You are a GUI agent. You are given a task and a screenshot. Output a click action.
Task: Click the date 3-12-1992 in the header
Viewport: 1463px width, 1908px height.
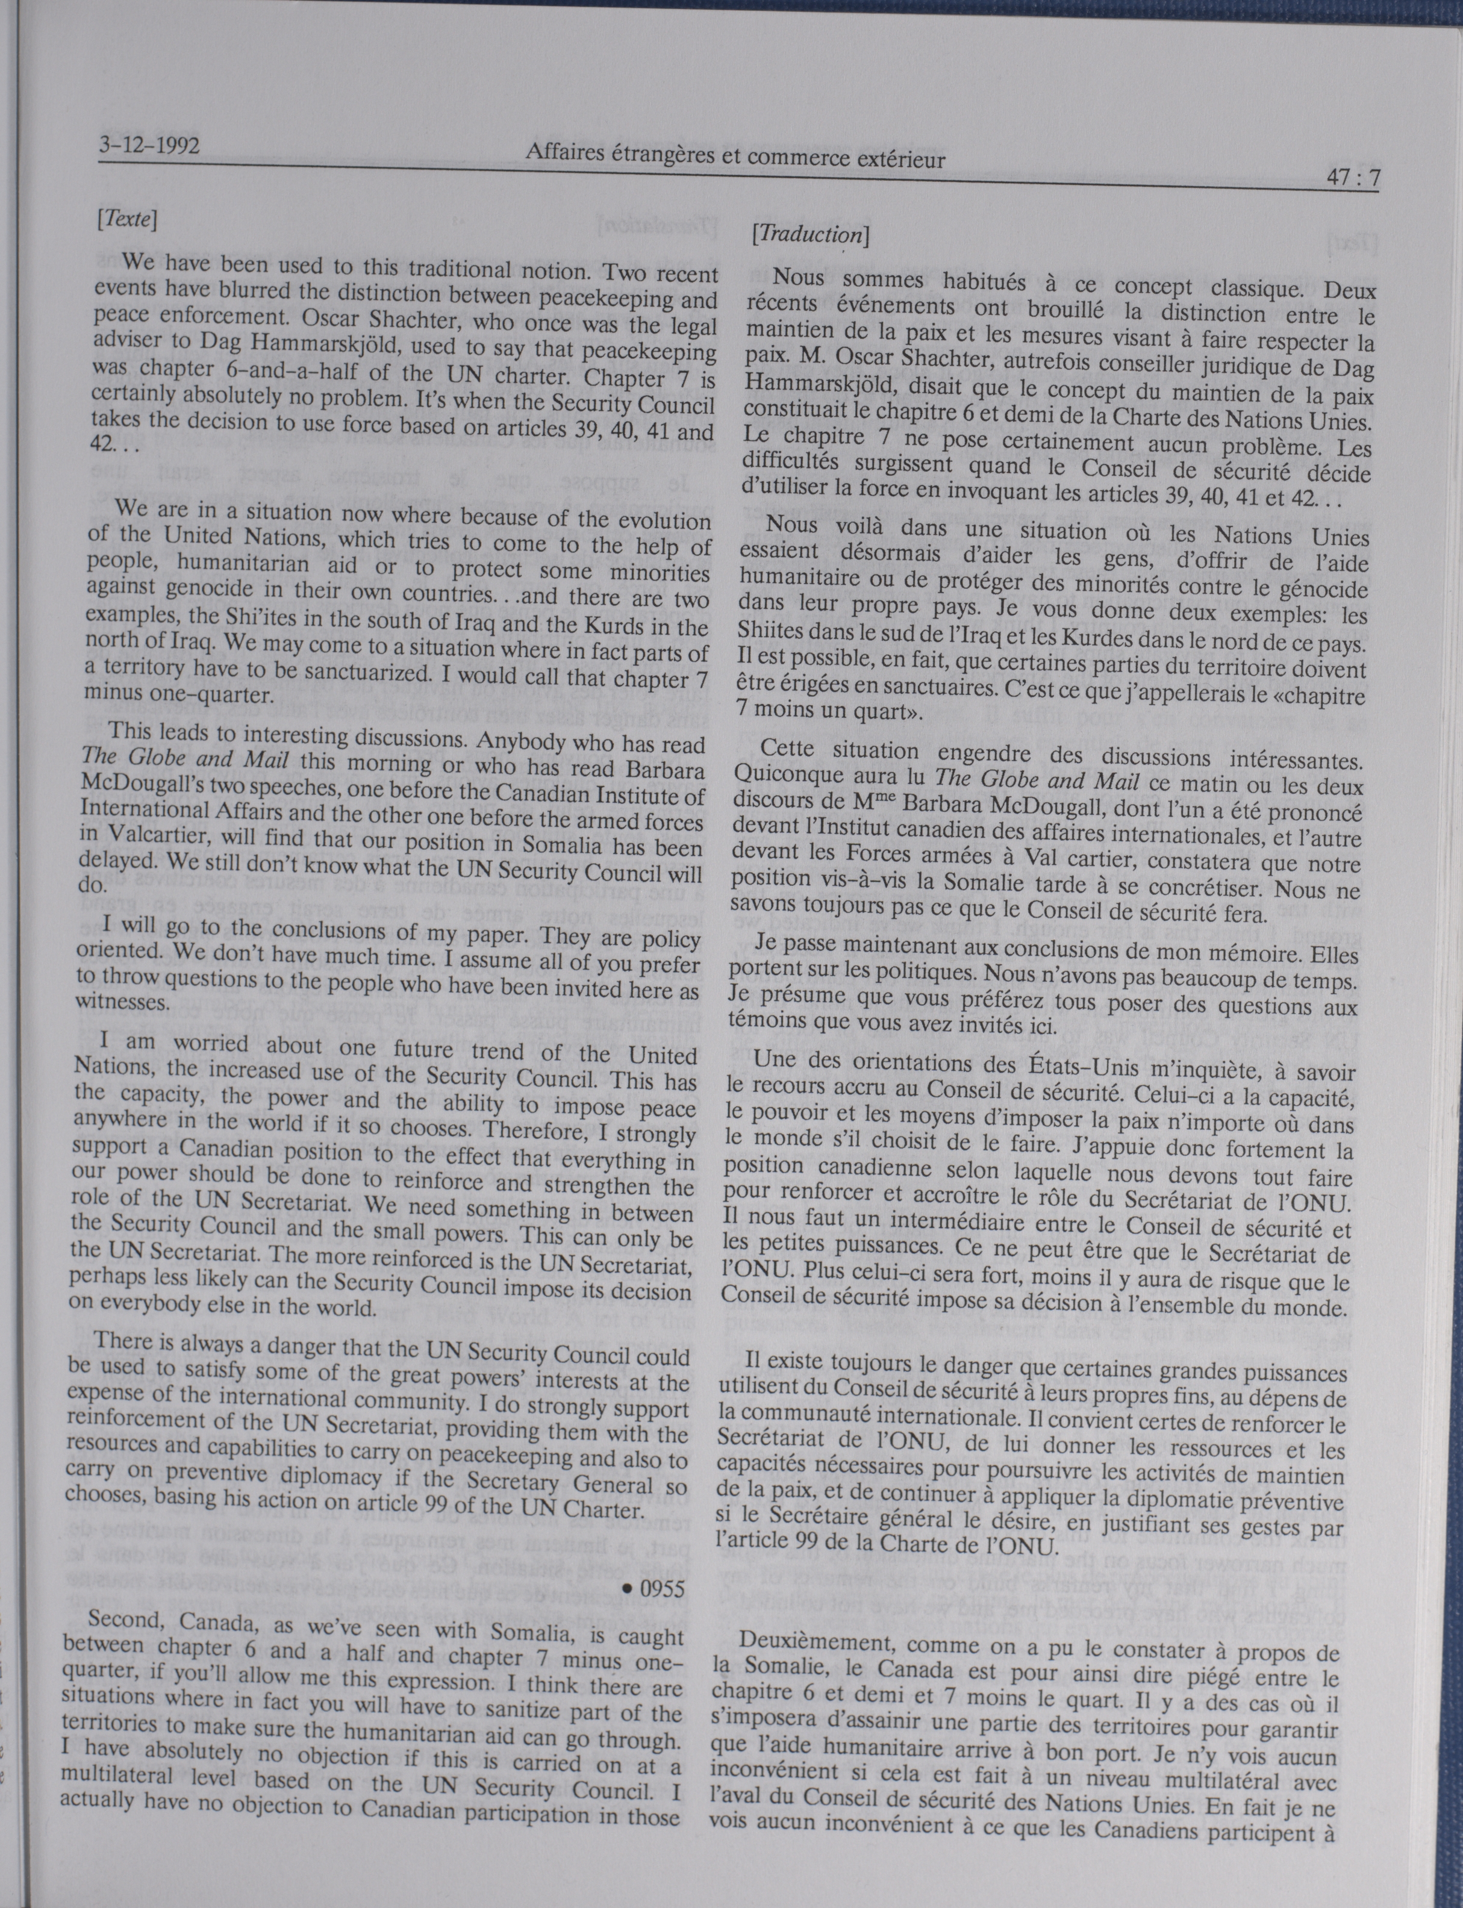tap(149, 144)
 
